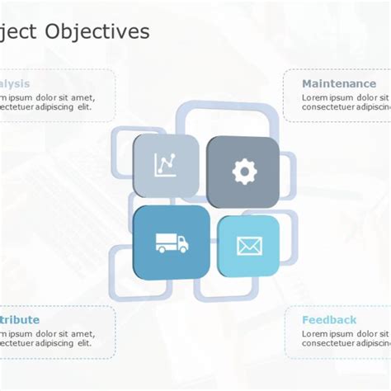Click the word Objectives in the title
point(98,31)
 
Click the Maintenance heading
point(338,84)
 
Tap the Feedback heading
point(329,320)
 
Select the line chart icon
point(165,165)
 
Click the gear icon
point(244,172)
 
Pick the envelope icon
point(248,245)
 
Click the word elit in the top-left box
point(83,106)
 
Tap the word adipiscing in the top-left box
point(52,106)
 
